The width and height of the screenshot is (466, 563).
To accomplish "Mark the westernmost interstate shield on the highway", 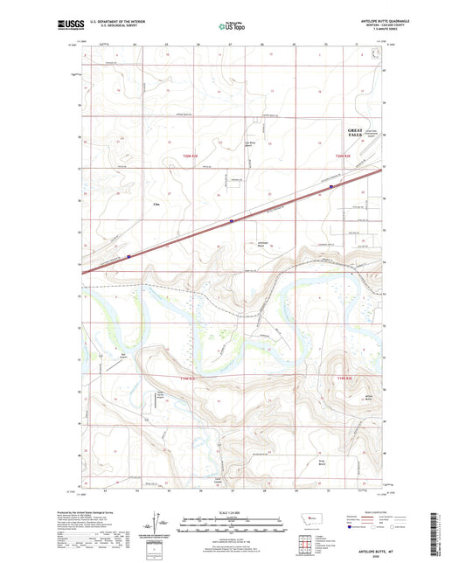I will tap(129, 256).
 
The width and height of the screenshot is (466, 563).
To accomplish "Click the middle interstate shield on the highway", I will tap(230, 221).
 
